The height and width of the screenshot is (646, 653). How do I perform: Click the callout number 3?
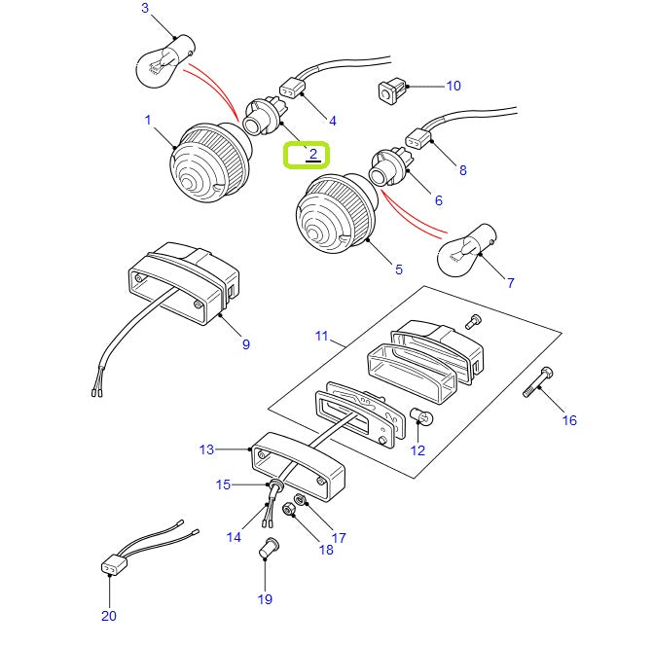pyautogui.click(x=145, y=9)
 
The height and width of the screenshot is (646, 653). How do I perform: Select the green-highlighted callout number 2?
pyautogui.click(x=307, y=155)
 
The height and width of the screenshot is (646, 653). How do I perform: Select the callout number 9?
pyautogui.click(x=245, y=343)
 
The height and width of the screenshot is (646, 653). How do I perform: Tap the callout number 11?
pyautogui.click(x=322, y=338)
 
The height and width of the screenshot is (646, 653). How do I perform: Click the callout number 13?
pyautogui.click(x=206, y=449)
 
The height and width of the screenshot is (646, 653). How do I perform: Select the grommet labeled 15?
pyautogui.click(x=275, y=484)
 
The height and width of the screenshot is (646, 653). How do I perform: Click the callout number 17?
pyautogui.click(x=339, y=536)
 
